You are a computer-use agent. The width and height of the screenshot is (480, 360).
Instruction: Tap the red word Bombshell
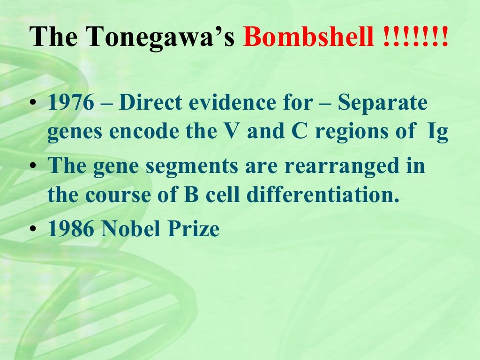point(308,37)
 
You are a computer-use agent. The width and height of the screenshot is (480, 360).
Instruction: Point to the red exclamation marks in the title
point(412,37)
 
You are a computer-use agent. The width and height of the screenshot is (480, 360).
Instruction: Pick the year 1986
point(71,229)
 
